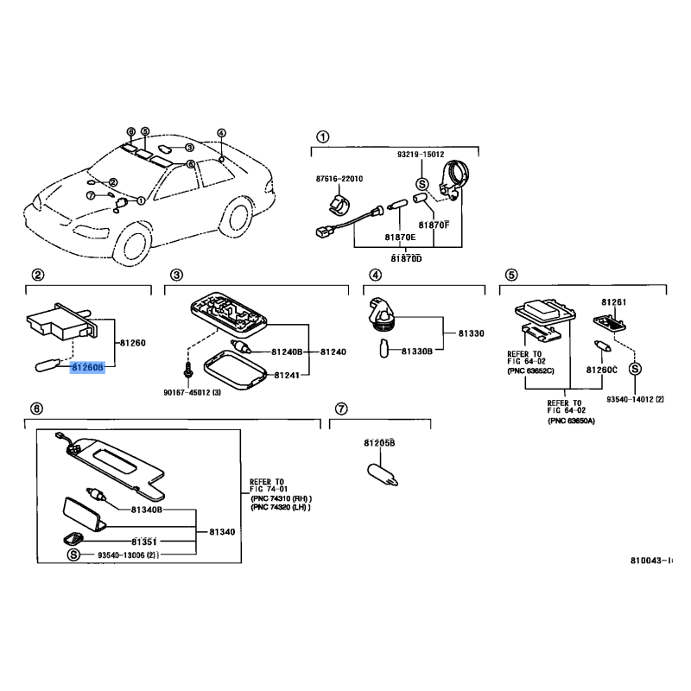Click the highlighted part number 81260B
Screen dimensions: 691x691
click(x=87, y=367)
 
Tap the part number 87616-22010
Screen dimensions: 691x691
click(x=339, y=179)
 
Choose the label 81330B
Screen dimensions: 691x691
click(x=415, y=352)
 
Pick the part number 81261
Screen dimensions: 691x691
click(x=613, y=303)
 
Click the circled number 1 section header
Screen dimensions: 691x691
click(x=322, y=136)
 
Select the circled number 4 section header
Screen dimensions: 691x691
click(x=375, y=275)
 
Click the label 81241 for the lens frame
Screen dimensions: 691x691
click(x=288, y=376)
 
